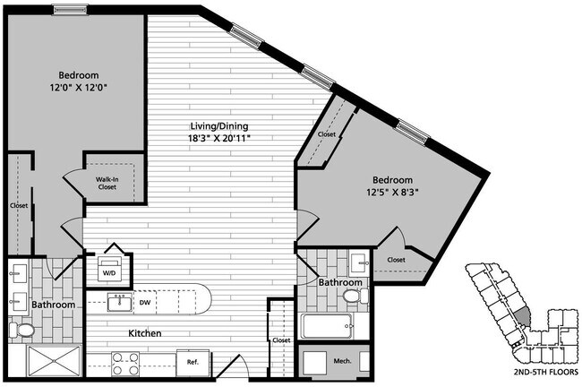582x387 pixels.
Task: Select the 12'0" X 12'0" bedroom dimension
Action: (x=79, y=89)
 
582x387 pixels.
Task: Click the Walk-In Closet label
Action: (x=108, y=184)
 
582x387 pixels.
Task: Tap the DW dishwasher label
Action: (x=144, y=302)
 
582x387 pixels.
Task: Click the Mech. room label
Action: (x=342, y=362)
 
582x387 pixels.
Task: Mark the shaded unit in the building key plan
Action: (x=520, y=315)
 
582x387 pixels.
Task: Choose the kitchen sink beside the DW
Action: (x=117, y=302)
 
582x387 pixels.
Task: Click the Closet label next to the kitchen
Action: (x=281, y=340)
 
